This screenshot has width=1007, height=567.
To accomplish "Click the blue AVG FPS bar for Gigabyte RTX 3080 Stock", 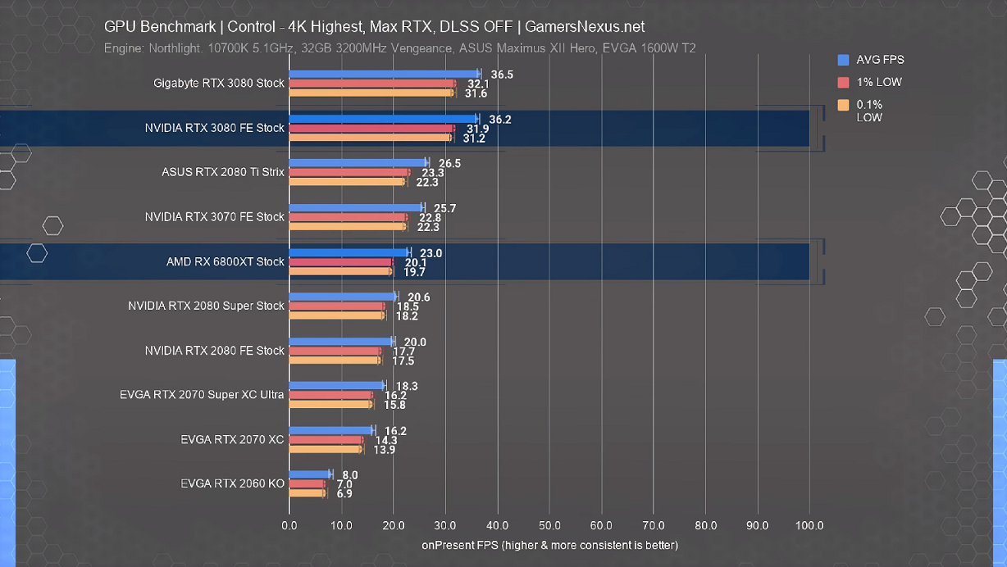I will coord(384,74).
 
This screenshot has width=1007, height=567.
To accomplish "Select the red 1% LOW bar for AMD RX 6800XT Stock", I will coord(340,262).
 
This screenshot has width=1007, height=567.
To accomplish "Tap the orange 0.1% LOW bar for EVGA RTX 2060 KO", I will coord(308,493).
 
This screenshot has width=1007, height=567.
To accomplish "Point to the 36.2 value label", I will coord(500,120).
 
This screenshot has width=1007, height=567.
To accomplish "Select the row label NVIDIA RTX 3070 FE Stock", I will coord(215,217).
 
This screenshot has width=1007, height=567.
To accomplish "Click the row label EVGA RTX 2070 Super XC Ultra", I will coord(202,395).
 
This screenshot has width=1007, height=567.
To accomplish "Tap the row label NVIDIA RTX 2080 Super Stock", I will coord(206,306).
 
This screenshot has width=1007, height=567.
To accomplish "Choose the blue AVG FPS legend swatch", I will coord(844,60).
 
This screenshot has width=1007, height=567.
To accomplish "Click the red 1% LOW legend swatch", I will coord(844,82).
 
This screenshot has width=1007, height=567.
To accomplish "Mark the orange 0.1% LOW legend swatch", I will coord(844,105).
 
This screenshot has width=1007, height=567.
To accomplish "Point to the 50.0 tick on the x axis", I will coord(549,526).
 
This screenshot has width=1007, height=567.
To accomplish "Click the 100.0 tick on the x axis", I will coord(809,526).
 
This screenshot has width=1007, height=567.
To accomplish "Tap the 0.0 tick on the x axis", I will coord(289,526).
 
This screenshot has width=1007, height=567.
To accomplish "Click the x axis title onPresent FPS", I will coord(549,545).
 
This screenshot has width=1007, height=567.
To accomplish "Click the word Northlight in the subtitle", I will coord(174,48).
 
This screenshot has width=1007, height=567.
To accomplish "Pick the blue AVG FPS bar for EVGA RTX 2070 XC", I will coord(331,430).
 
